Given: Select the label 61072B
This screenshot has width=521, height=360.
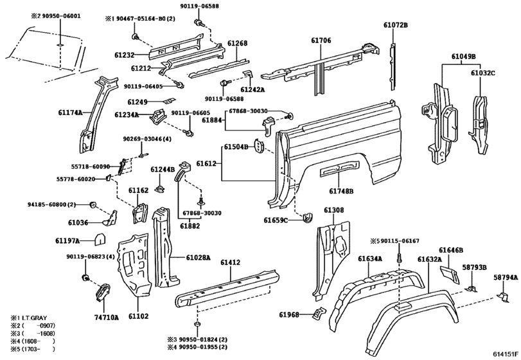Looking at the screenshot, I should click(396, 25).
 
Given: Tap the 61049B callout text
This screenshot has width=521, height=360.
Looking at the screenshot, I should click(463, 57).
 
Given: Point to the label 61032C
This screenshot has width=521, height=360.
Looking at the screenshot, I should click(482, 73).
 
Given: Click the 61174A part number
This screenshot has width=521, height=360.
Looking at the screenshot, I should click(70, 113).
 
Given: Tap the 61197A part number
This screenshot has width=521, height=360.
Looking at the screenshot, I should click(67, 240).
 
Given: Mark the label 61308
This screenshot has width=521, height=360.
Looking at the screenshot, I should click(333, 210).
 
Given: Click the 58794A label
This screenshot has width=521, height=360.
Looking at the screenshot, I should click(505, 277).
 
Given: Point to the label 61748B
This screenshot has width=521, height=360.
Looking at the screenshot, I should click(341, 191).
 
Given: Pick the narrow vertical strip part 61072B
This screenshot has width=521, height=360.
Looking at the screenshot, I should click(391, 64).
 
